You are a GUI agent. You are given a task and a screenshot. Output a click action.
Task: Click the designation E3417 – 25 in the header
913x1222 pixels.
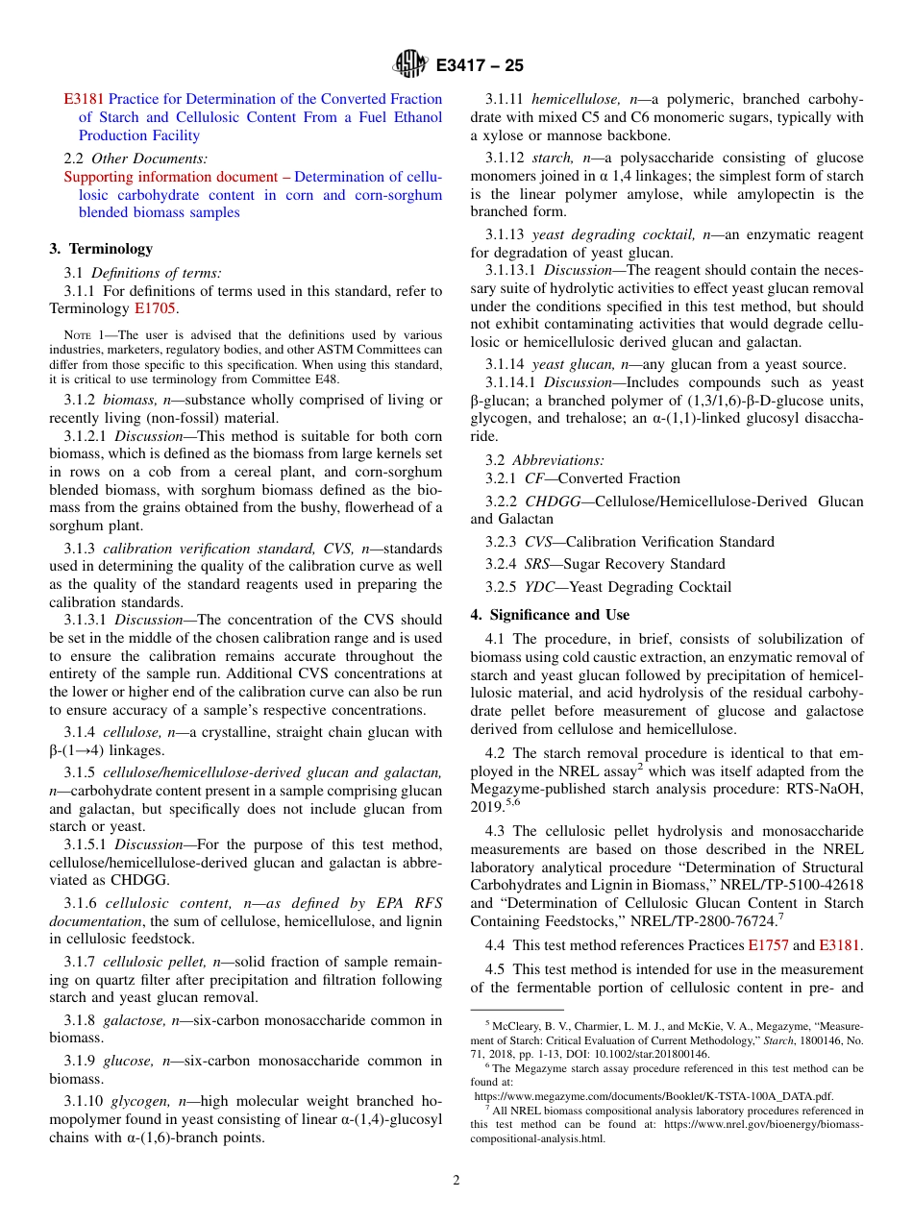480,66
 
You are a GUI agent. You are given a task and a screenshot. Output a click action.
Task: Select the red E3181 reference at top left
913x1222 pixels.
84,99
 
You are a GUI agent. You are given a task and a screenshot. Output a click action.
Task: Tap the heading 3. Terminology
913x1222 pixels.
101,249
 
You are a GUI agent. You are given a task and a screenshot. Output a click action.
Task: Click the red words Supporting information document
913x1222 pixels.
170,177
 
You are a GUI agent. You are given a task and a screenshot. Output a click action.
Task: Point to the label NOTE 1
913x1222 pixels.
82,336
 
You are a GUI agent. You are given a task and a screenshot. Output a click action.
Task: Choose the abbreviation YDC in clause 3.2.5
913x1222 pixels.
539,587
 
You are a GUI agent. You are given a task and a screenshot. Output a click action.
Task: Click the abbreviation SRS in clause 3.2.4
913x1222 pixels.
538,564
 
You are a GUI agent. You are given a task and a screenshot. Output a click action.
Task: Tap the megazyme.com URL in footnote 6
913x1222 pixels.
654,1096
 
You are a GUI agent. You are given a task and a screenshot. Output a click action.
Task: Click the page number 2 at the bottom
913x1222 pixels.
456,1181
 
